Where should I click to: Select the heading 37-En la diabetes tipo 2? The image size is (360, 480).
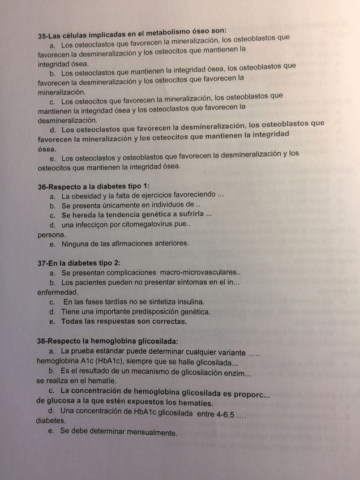coord(79,263)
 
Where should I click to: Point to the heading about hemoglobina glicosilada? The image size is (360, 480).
coord(108,341)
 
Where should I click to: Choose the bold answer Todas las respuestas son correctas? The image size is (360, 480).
coord(124,321)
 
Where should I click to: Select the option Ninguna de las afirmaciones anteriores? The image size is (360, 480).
coord(125,243)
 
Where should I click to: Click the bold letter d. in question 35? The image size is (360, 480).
coord(54,130)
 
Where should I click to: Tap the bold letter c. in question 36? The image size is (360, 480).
coord(53,215)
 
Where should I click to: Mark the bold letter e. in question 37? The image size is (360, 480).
coord(53,322)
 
